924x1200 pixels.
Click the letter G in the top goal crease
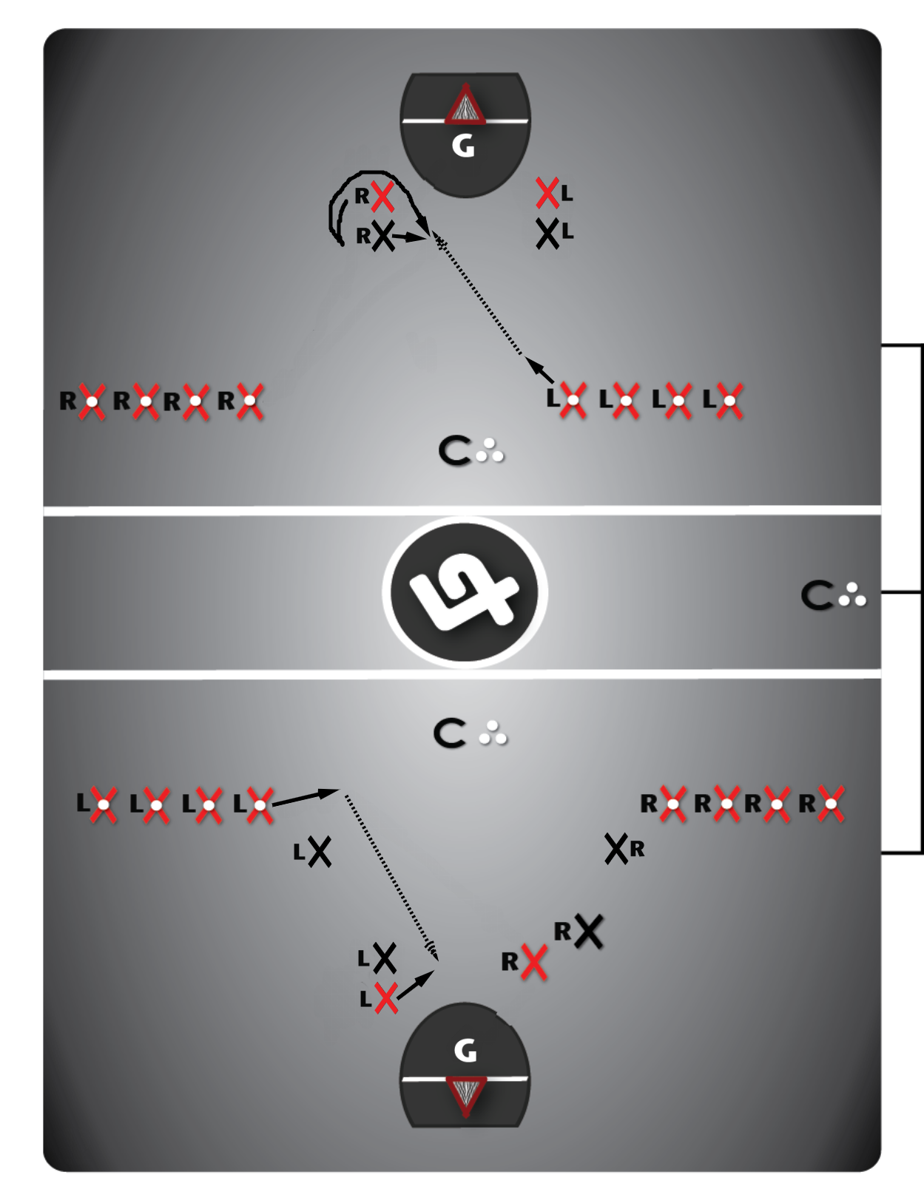[x=463, y=146]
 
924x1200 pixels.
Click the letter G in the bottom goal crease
[x=465, y=1050]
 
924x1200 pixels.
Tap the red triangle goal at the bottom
[x=465, y=1094]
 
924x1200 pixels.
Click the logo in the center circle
[x=465, y=592]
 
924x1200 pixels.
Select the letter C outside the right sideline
[x=817, y=595]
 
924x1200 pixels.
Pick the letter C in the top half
[x=453, y=450]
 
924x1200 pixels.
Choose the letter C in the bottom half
[x=449, y=733]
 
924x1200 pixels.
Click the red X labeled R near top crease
[x=382, y=197]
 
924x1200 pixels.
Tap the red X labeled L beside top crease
[x=547, y=193]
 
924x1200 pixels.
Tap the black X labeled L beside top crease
[x=547, y=233]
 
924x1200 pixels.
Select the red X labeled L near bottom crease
[x=386, y=998]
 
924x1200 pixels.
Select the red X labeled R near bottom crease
[x=533, y=961]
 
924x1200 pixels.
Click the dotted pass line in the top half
[x=479, y=296]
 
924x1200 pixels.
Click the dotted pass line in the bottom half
[x=388, y=872]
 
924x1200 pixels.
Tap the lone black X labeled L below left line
[x=320, y=852]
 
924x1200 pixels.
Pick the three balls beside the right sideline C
[x=852, y=595]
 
